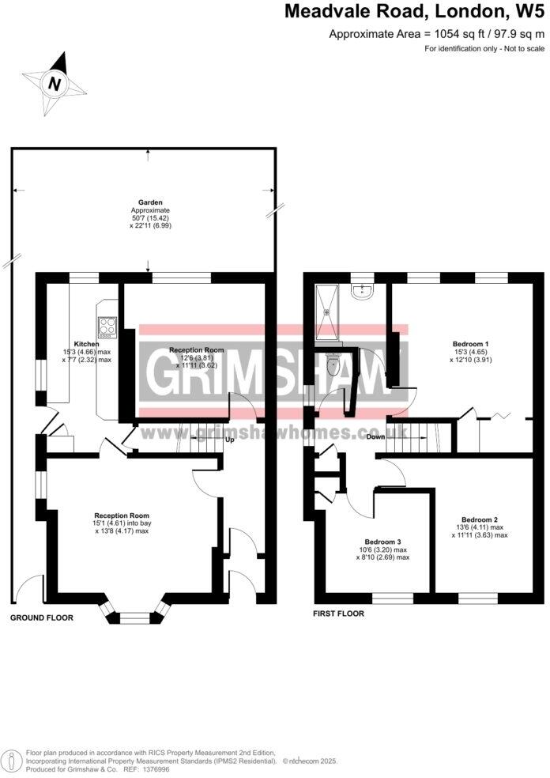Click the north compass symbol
pos(54,82)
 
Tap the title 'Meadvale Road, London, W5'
pos(414,12)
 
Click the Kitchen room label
pos(86,345)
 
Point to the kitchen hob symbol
pos(107,327)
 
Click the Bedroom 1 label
pos(470,345)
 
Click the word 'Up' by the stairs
pos(230,440)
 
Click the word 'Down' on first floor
pos(375,437)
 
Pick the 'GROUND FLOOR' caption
pos(42,617)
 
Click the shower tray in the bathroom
pos(326,311)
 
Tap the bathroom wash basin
pos(363,293)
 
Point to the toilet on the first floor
pos(333,364)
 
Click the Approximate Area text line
pos(436,34)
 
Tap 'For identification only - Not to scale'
pos(484,49)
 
